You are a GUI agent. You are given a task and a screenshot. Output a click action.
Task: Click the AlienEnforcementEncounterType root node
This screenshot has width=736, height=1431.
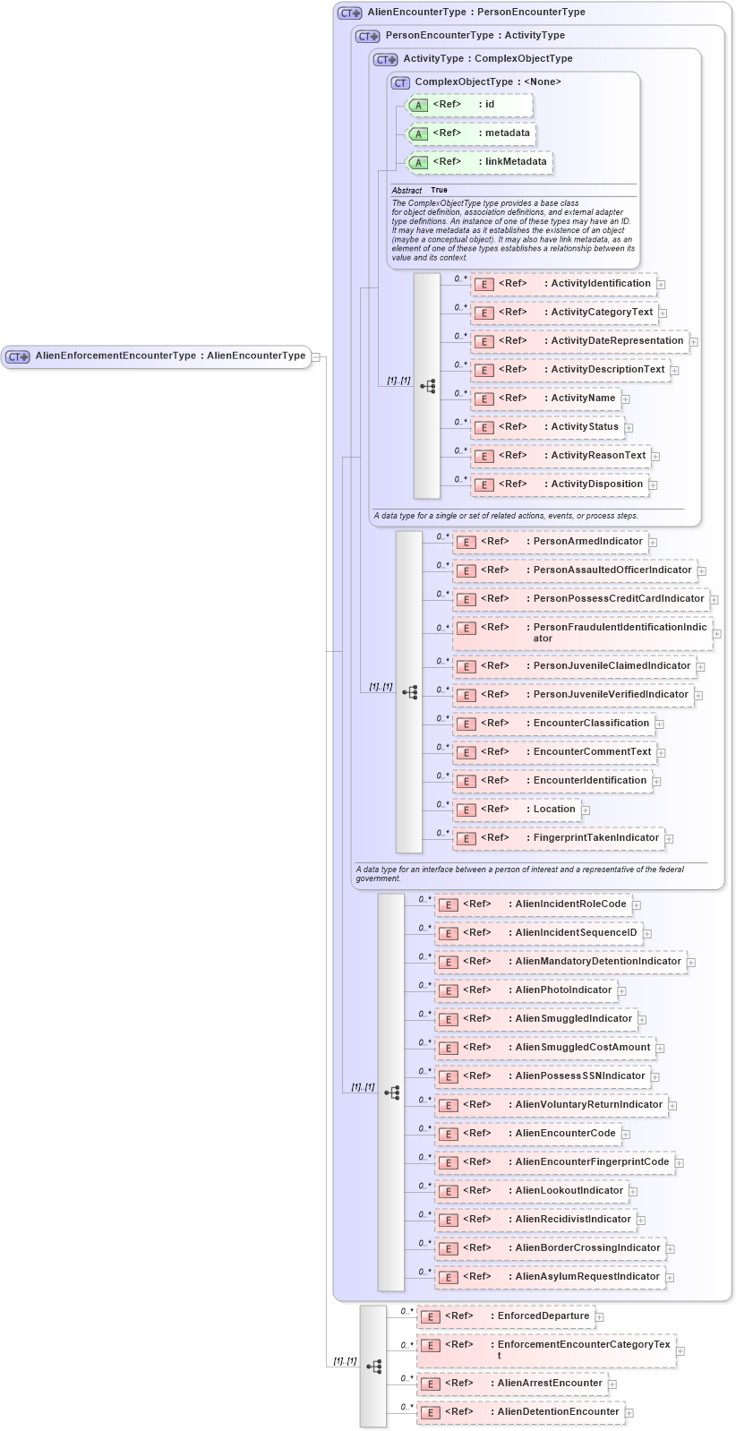157,356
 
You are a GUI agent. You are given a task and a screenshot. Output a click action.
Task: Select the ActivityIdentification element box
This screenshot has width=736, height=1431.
564,284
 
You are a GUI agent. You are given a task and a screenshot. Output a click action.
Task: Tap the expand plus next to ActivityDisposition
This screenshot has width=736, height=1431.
654,485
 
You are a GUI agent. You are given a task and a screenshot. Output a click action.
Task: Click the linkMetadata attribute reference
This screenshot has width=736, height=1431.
480,162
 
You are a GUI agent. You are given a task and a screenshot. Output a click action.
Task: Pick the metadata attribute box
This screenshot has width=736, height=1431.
471,133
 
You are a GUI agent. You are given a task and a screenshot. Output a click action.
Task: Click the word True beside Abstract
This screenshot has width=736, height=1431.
439,190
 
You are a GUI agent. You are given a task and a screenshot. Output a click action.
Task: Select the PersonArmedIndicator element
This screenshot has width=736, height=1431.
551,542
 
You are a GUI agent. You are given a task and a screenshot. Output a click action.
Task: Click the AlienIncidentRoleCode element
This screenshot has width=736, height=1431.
534,904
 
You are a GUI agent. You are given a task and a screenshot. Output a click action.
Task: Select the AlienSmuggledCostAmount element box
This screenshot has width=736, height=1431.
545,1048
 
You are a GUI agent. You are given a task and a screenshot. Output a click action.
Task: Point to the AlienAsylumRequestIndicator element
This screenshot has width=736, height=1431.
551,1277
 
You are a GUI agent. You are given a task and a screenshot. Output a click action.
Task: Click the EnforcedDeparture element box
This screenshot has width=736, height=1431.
506,1316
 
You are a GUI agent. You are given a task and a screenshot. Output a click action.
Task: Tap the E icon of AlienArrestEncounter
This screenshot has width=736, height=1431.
431,1384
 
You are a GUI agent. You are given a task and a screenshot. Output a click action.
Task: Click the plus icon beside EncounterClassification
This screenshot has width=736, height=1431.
660,724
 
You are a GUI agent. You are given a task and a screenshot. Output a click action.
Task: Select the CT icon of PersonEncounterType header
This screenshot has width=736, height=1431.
367,37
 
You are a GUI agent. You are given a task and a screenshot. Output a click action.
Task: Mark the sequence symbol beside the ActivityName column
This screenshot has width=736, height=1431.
427,386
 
